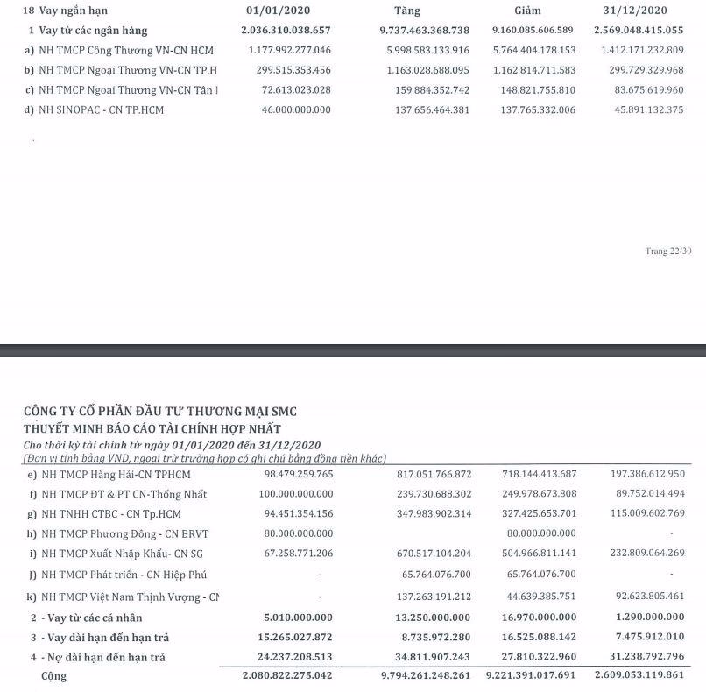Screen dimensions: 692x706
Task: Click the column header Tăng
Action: (x=407, y=11)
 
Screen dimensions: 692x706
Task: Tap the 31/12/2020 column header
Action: (x=637, y=11)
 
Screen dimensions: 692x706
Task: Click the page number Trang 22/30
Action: (x=668, y=251)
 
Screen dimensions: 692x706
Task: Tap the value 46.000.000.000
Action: (x=299, y=109)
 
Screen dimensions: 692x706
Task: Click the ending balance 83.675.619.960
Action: (x=641, y=89)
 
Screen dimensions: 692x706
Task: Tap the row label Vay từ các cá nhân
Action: (x=95, y=617)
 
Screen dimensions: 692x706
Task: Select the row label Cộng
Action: (x=53, y=676)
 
